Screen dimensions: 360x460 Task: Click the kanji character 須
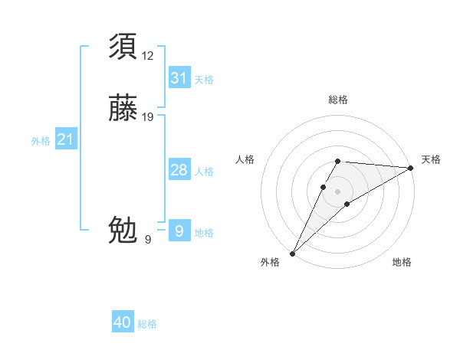[x=123, y=47]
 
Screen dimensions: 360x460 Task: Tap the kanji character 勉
[x=123, y=229]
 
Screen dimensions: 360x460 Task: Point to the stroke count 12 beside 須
[x=147, y=55]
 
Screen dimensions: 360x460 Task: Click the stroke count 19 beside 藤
[x=148, y=117]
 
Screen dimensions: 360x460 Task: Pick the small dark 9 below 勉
[x=148, y=240]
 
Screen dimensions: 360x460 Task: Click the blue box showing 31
[x=179, y=78]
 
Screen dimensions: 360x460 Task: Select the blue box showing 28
[x=179, y=170]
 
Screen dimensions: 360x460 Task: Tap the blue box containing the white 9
[x=179, y=231]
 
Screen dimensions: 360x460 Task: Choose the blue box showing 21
[x=65, y=139]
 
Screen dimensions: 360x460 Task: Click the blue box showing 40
[x=123, y=322]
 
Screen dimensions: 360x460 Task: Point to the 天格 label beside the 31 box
[x=204, y=80]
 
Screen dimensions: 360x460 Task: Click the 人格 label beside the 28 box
[x=204, y=172]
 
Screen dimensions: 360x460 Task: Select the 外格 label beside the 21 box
[x=41, y=141]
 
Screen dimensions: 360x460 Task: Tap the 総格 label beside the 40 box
[x=147, y=324]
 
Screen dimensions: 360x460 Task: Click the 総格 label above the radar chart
[x=337, y=100]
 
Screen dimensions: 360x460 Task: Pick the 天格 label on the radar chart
[x=431, y=159]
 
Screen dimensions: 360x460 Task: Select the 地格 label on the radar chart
[x=402, y=262]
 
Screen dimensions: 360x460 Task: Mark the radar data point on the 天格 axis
[x=411, y=168]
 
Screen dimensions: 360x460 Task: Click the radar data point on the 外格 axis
[x=292, y=254]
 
